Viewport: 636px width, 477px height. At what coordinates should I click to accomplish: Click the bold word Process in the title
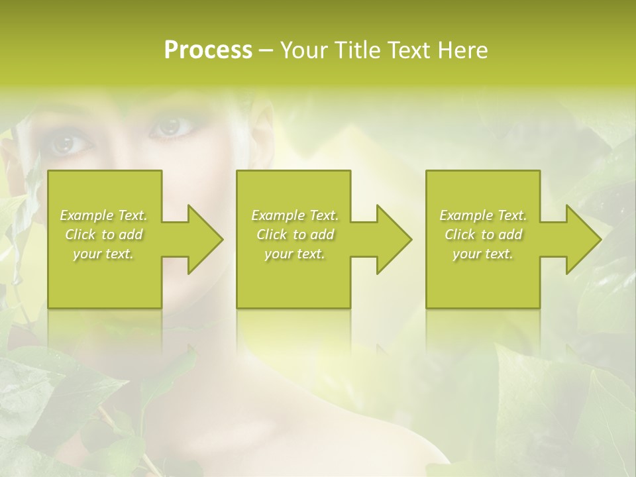coord(208,50)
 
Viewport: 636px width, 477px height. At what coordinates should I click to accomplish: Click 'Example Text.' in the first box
coord(103,215)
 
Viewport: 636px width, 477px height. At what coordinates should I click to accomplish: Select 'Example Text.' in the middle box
coord(295,215)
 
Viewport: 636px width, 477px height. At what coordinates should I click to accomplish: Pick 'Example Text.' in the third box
coord(483,215)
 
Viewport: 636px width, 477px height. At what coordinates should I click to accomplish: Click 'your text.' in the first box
coord(103,254)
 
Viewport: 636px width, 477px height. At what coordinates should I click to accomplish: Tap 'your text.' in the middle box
coord(295,254)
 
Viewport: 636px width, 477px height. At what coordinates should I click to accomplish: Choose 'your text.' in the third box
coord(483,254)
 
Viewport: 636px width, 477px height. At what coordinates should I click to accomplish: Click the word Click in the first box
coord(79,235)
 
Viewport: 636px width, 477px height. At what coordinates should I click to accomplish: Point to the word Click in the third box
coord(460,235)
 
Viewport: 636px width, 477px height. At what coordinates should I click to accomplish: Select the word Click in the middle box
coord(272,235)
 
